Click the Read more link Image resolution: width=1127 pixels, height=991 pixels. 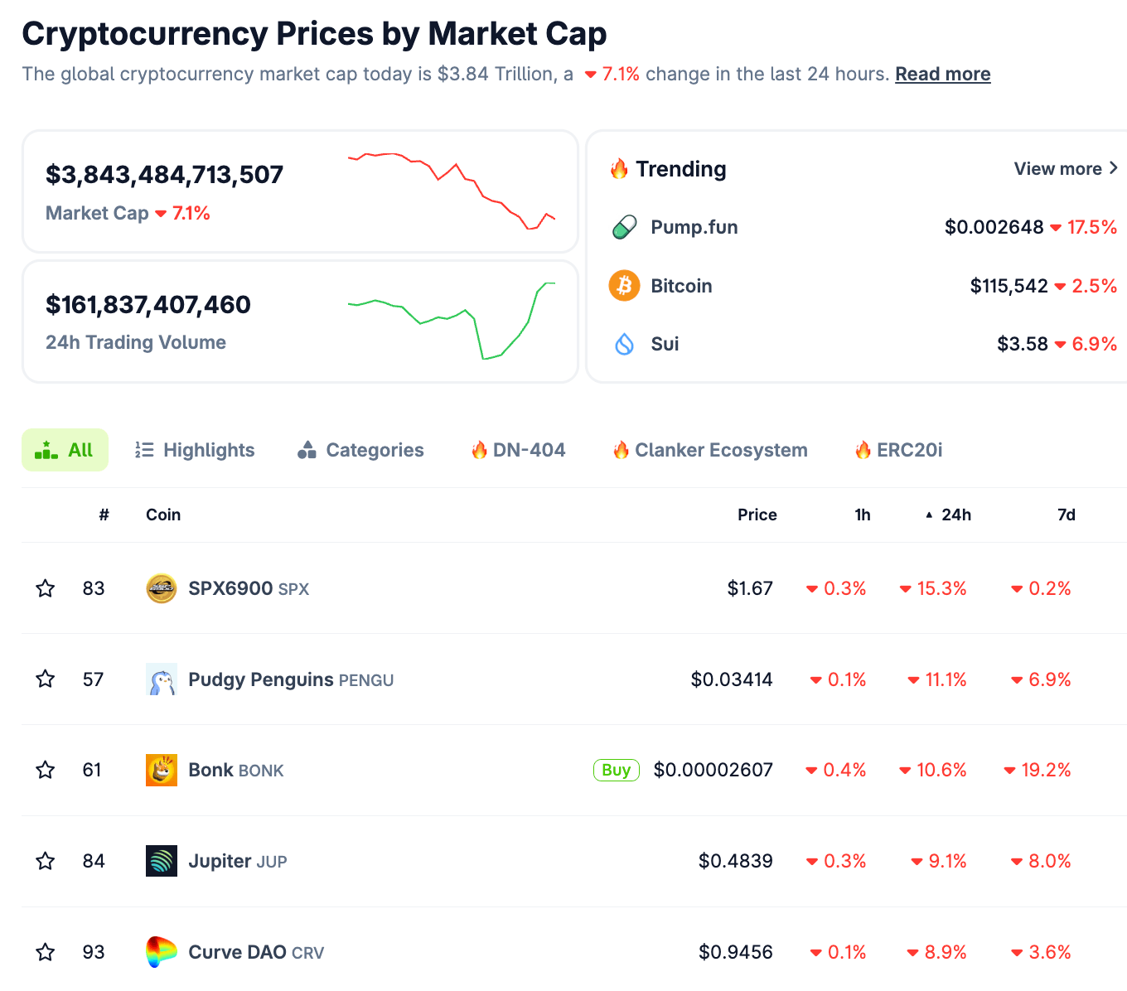click(x=942, y=74)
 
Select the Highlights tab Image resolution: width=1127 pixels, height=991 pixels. click(x=195, y=450)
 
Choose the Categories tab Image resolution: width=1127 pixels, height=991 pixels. click(x=360, y=450)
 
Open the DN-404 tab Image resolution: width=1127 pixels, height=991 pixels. click(x=518, y=450)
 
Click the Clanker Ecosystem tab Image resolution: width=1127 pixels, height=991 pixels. click(x=710, y=450)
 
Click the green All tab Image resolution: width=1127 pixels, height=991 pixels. click(x=65, y=450)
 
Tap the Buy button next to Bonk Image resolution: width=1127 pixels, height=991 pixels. click(x=616, y=770)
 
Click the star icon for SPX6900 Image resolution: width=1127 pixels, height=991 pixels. click(x=46, y=588)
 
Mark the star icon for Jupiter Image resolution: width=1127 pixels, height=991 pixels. click(x=46, y=861)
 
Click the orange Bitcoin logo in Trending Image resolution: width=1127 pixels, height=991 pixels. click(x=624, y=286)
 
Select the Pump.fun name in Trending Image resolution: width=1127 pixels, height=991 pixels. click(x=694, y=227)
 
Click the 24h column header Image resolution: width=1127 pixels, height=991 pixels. click(x=955, y=515)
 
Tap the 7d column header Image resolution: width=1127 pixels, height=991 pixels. click(x=1066, y=515)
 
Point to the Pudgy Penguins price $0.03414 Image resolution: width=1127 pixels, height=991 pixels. click(x=731, y=679)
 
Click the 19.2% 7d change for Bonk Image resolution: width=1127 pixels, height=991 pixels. click(x=1045, y=770)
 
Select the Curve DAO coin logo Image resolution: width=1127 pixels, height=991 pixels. click(x=162, y=952)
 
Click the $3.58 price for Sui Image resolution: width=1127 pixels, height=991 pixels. click(x=1022, y=344)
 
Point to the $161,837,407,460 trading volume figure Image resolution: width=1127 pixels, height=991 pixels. click(x=148, y=305)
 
